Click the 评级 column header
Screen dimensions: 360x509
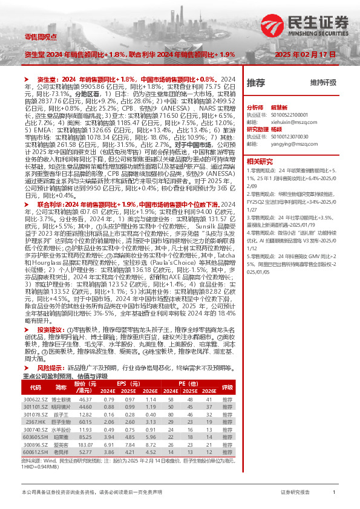pos(227,387)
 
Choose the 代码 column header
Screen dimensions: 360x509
pos(35,387)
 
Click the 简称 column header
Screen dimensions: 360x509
pos(61,387)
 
